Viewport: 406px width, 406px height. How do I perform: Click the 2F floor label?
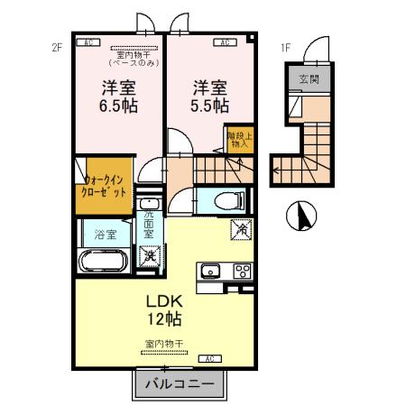pyautogui.click(x=56, y=48)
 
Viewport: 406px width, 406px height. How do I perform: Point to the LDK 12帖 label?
pyautogui.click(x=164, y=309)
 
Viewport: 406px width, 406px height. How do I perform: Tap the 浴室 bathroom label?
pyautogui.click(x=106, y=235)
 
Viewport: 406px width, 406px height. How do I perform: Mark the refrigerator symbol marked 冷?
pyautogui.click(x=241, y=230)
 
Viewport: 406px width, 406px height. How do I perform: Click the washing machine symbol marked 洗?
pyautogui.click(x=149, y=256)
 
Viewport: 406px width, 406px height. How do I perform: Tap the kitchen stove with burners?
pyautogui.click(x=242, y=270)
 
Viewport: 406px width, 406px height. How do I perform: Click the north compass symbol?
pyautogui.click(x=300, y=216)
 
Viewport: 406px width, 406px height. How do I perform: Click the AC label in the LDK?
pyautogui.click(x=208, y=359)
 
